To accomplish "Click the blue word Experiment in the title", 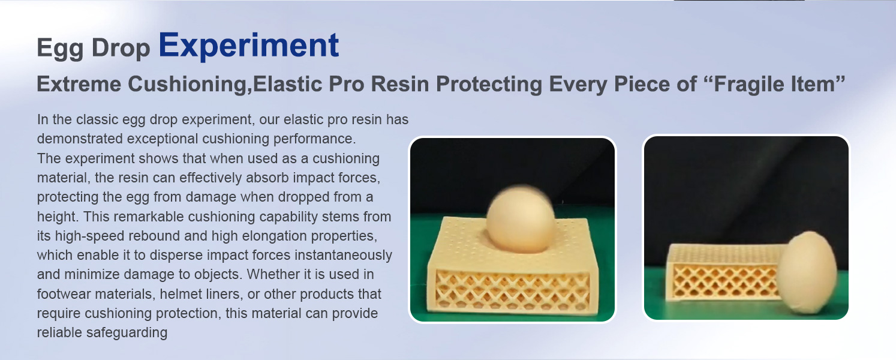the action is [x=249, y=46].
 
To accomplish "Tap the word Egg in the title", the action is [x=61, y=49].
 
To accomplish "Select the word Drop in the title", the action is [x=121, y=49].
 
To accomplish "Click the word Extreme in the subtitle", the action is [x=79, y=84].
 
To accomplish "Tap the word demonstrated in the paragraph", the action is [x=80, y=139].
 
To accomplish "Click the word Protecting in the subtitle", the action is [x=489, y=85].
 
